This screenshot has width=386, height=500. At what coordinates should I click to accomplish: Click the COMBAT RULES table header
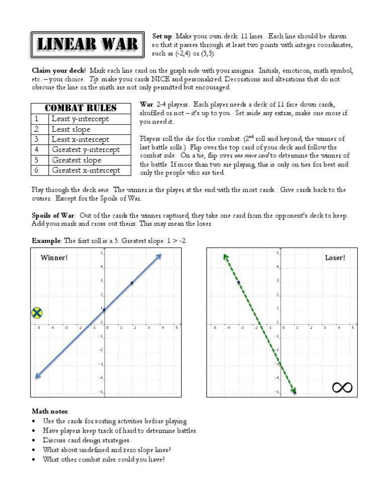tap(80, 108)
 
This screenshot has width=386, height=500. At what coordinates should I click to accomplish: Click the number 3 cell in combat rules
tap(37, 139)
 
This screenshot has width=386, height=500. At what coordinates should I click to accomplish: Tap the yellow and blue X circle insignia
tap(36, 313)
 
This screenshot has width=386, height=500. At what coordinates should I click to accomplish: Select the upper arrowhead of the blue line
tap(159, 257)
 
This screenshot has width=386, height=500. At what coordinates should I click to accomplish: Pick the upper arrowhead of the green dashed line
tap(226, 257)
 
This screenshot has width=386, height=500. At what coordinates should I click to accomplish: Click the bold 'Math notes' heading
tap(49, 411)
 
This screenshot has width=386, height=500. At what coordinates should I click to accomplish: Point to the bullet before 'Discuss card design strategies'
tap(34, 440)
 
